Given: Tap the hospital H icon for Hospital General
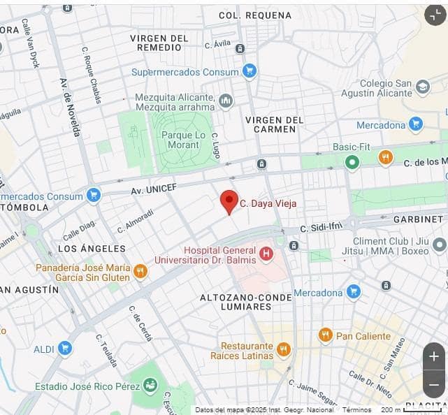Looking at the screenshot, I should coord(266,254).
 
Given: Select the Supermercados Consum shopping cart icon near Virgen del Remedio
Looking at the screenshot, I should coord(250,71).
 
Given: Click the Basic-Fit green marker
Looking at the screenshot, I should coord(352,162).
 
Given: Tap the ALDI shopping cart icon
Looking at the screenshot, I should coord(65,348).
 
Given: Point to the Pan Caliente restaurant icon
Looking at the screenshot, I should coord(325,335).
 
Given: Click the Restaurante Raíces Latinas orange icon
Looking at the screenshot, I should coord(283,350).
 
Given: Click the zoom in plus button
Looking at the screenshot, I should coord(433,356).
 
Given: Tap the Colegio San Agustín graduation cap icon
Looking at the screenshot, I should coord(423,87).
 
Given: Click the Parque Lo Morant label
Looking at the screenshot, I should coord(183,140).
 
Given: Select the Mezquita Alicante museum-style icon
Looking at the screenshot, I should coord(226,101).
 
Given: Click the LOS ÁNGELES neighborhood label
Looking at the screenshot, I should coord(92,249).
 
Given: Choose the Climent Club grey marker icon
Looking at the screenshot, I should coord(439,245).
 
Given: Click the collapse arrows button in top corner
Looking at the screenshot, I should coord(434,15).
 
